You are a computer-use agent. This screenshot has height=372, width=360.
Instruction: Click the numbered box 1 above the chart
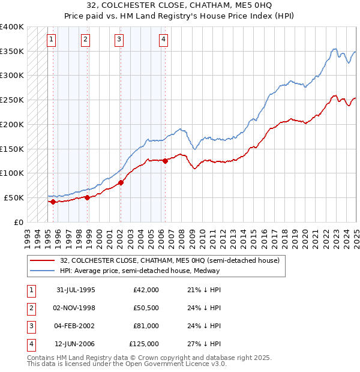[x=52, y=40]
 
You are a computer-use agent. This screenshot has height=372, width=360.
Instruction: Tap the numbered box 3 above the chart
[x=119, y=40]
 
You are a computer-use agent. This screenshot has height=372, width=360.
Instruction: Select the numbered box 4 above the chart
[x=163, y=40]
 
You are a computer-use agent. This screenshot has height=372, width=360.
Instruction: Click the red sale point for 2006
[x=165, y=161]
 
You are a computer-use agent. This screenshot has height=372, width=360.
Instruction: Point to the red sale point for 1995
[x=53, y=202]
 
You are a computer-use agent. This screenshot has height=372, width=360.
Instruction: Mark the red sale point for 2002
[x=121, y=182]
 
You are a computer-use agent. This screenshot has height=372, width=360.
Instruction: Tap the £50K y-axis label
[x=14, y=197]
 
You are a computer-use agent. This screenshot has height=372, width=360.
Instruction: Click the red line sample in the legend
[x=43, y=261]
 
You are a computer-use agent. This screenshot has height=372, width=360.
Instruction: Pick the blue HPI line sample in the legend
[x=43, y=271]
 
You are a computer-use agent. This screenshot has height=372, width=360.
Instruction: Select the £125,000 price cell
[x=144, y=344]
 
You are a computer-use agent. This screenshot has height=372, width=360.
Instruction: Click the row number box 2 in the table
[x=30, y=308]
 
